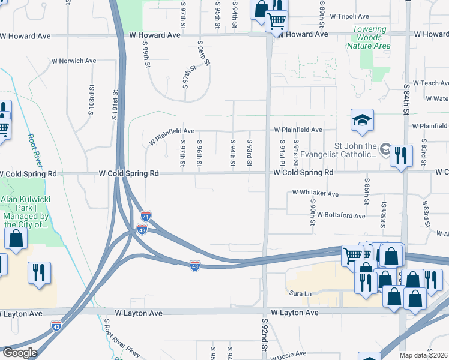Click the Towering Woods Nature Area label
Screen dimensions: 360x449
click(369, 37)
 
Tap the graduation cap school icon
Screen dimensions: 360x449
click(363, 121)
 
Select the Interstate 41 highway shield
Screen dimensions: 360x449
click(145, 215)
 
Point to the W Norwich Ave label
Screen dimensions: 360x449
click(74, 61)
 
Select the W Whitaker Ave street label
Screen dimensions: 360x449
click(315, 193)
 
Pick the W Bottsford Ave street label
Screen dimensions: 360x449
click(341, 215)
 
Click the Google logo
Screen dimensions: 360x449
click(20, 353)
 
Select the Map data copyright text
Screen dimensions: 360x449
click(424, 355)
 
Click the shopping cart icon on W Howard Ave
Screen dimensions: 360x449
click(276, 22)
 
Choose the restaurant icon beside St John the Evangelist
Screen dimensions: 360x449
click(400, 155)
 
